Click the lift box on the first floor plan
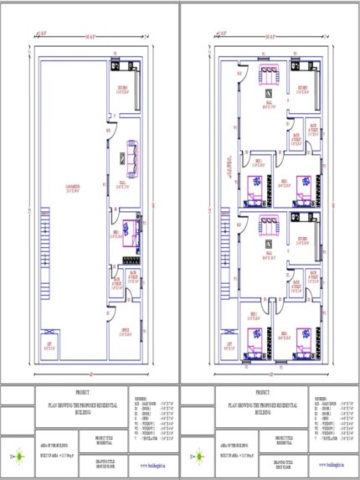tap(229, 344)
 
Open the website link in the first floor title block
tap(333, 464)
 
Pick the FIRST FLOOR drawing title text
tap(285, 462)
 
